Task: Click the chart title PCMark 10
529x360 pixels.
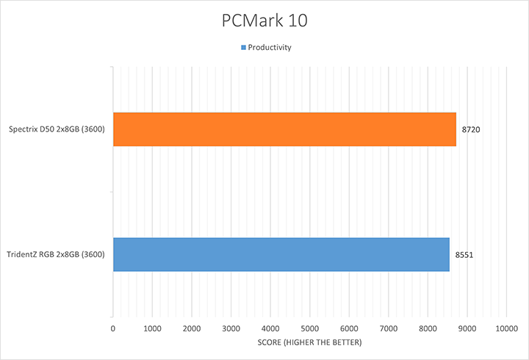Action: [264, 21]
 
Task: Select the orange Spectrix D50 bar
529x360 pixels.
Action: [284, 129]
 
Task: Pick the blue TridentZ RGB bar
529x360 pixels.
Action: [281, 254]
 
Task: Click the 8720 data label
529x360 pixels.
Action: [471, 129]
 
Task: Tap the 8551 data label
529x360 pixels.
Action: [464, 255]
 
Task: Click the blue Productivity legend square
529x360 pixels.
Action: [243, 48]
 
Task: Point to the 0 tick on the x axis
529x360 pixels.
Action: [112, 328]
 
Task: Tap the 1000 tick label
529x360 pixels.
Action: [152, 328]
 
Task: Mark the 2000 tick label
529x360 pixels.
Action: [191, 328]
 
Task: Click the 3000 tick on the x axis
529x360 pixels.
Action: [231, 328]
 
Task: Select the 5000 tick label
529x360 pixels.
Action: [309, 328]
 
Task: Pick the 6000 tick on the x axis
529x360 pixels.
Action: [349, 328]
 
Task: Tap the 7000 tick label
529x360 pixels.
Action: [388, 328]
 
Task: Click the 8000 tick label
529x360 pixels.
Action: [428, 328]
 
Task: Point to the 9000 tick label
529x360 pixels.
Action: [467, 328]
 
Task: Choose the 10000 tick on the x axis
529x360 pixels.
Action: [505, 328]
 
